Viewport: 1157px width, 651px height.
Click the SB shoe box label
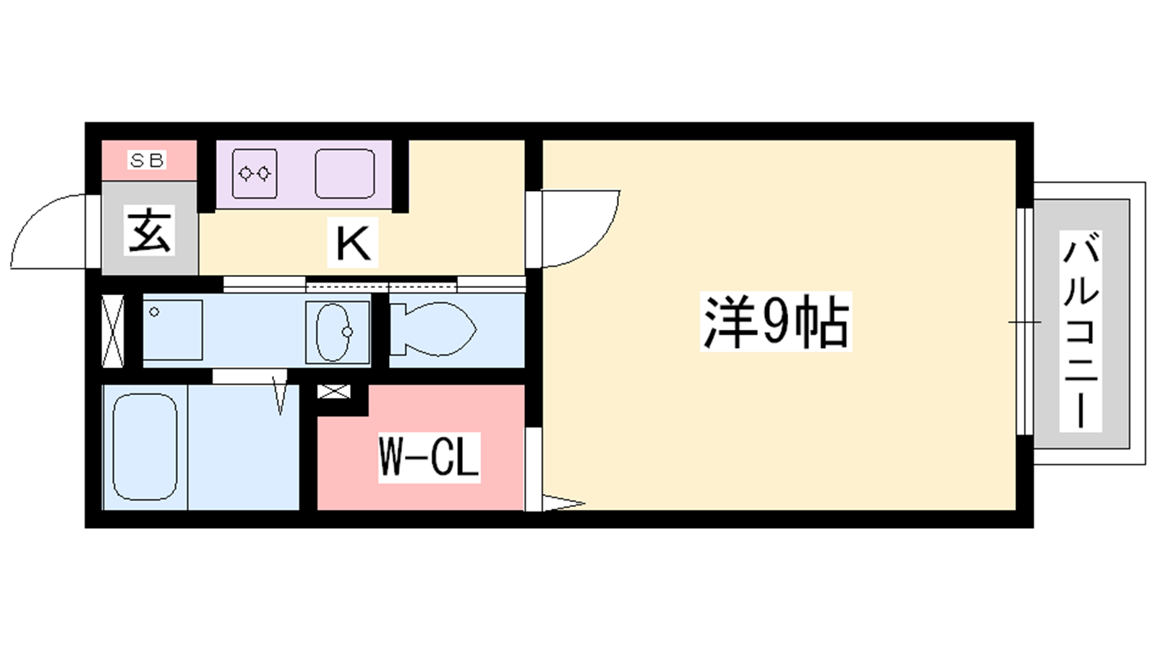[148, 161]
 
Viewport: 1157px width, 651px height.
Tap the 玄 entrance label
[149, 230]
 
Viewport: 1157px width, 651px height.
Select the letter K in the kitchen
[353, 242]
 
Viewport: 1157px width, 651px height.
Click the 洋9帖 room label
[776, 322]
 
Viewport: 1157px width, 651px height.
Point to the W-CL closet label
[430, 458]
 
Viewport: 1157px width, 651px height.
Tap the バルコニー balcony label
[1080, 331]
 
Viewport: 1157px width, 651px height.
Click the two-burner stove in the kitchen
[255, 174]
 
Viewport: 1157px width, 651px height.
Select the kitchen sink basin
[344, 174]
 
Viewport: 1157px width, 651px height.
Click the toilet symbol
[433, 329]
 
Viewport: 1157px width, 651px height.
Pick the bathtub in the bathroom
[145, 447]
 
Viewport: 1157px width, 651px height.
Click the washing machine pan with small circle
[173, 330]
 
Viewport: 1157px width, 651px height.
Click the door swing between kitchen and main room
[579, 229]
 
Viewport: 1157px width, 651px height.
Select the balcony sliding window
[1025, 322]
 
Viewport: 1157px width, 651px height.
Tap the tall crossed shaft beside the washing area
[113, 331]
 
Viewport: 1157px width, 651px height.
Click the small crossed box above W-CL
[333, 391]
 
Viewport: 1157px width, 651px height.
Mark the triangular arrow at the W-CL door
[563, 503]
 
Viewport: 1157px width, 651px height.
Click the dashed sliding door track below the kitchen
[381, 285]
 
